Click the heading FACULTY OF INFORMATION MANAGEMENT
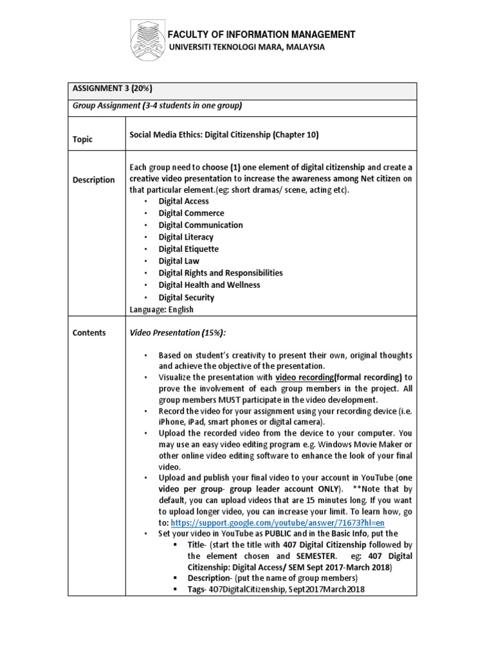261,35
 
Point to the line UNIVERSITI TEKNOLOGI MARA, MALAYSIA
247,48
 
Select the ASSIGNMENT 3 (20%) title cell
112,89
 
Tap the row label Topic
82,139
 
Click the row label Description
94,180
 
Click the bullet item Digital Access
183,201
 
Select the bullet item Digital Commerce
191,213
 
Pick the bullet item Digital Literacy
186,237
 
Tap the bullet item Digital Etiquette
188,249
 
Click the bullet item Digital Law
179,261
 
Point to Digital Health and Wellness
209,285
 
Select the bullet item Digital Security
187,298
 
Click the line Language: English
161,309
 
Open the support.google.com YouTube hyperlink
277,522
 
